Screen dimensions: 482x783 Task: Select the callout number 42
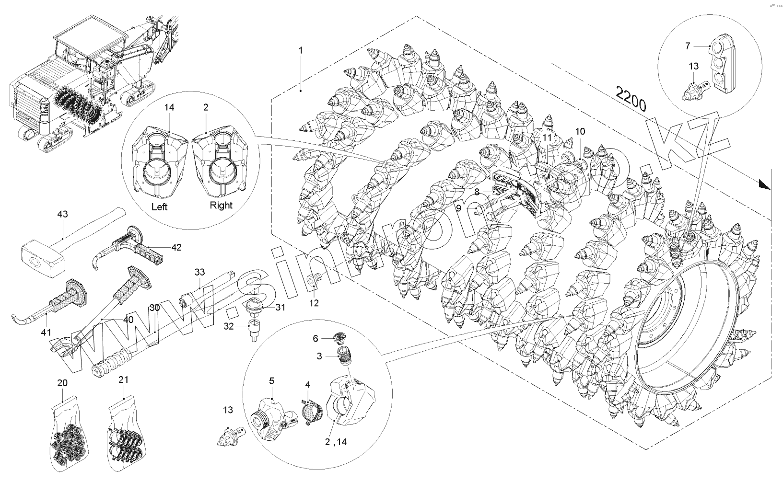[x=176, y=247]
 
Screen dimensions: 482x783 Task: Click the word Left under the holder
[x=159, y=207]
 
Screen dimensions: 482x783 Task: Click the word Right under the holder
[x=221, y=205]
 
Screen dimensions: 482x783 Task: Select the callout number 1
[x=301, y=50]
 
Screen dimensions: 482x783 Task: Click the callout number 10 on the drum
[x=580, y=131]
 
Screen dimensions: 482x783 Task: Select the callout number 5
[x=271, y=381]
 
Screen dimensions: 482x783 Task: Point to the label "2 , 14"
[x=336, y=442]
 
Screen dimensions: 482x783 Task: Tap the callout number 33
[x=199, y=272]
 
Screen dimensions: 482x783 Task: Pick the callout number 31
[x=280, y=307]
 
